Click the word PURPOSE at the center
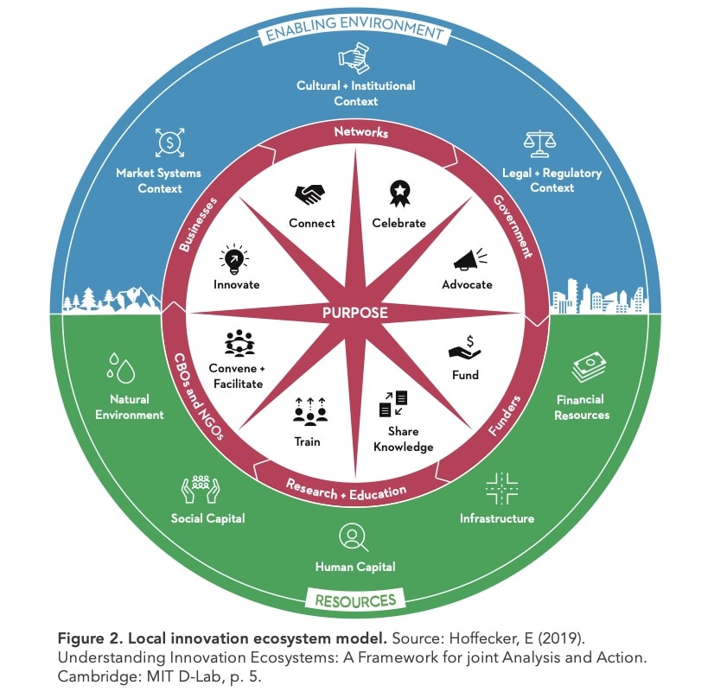pyautogui.click(x=354, y=313)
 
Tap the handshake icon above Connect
pyautogui.click(x=311, y=194)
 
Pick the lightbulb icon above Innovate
pyautogui.click(x=236, y=257)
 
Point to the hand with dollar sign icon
pyautogui.click(x=465, y=347)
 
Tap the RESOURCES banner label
pyautogui.click(x=355, y=600)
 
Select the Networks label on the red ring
pyautogui.click(x=361, y=132)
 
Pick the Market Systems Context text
pyautogui.click(x=158, y=181)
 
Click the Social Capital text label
pyautogui.click(x=207, y=518)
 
